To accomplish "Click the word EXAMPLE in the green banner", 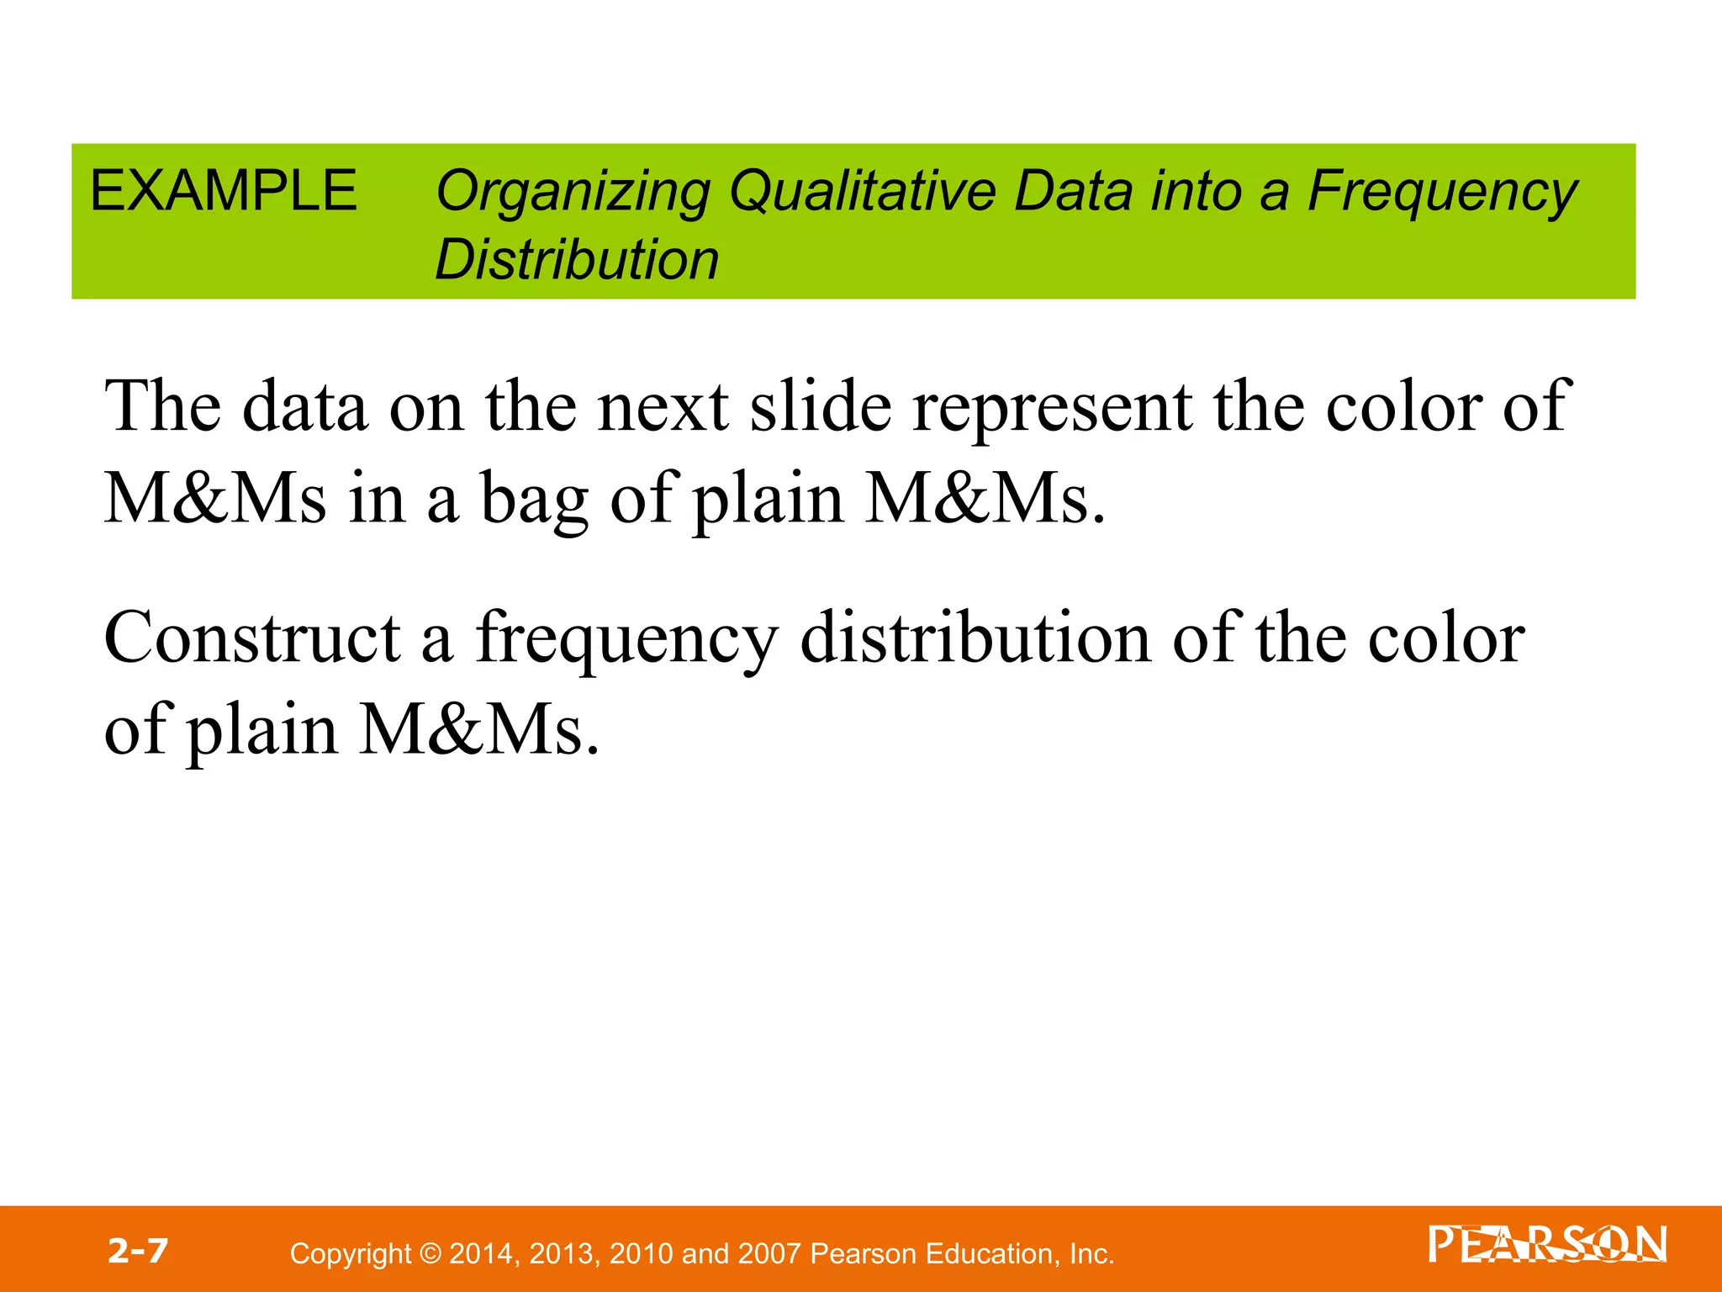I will click(224, 190).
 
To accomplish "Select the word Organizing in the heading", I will click(573, 193).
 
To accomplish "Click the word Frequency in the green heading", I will click(1443, 193).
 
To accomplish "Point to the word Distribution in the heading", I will click(577, 259).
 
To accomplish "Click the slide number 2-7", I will click(138, 1251).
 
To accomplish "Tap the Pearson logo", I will click(1546, 1246).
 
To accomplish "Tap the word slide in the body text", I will click(820, 407).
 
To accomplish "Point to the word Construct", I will click(252, 638).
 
